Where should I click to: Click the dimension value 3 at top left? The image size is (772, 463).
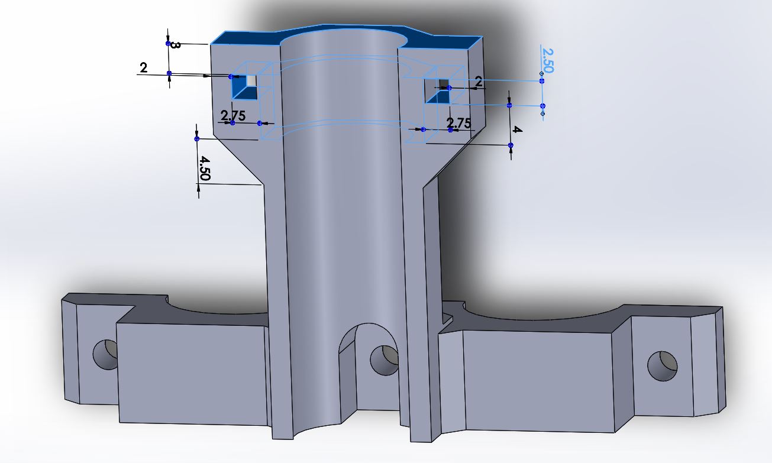point(175,45)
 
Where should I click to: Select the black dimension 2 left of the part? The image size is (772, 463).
point(144,67)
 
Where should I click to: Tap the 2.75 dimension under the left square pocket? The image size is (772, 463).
point(233,115)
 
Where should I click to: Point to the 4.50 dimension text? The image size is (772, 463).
point(204,168)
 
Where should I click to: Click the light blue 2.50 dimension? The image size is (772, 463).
point(547,61)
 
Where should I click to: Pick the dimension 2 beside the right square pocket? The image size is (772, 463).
point(479,82)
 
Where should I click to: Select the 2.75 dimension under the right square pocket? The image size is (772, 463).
point(458,123)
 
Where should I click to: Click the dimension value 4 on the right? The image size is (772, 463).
point(517,129)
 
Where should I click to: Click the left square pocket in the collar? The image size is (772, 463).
point(244,87)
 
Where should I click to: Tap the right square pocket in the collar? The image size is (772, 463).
point(438,91)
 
